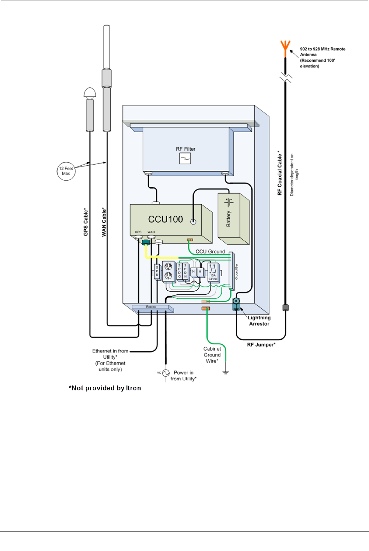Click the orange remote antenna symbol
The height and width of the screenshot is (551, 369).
(285, 46)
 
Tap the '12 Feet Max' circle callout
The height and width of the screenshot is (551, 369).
(66, 171)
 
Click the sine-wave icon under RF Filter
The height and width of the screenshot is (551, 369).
(185, 158)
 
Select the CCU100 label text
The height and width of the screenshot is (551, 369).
(166, 219)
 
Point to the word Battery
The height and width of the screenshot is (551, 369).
(228, 219)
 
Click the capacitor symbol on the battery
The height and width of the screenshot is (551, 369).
(229, 202)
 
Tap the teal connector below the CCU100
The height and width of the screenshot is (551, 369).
(146, 243)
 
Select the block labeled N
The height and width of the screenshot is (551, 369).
(193, 271)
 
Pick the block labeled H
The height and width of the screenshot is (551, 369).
(200, 271)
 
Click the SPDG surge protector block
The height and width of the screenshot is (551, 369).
(180, 271)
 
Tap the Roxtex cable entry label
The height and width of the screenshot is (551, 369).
(151, 307)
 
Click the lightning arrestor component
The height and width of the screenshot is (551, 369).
(236, 303)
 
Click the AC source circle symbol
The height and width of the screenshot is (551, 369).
(166, 373)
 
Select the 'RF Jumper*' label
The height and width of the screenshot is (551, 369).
(261, 345)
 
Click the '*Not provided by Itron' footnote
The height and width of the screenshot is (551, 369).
(105, 388)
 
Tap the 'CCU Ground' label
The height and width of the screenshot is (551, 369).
(210, 252)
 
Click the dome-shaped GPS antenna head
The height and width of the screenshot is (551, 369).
(90, 93)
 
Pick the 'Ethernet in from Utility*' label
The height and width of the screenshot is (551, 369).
(110, 354)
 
